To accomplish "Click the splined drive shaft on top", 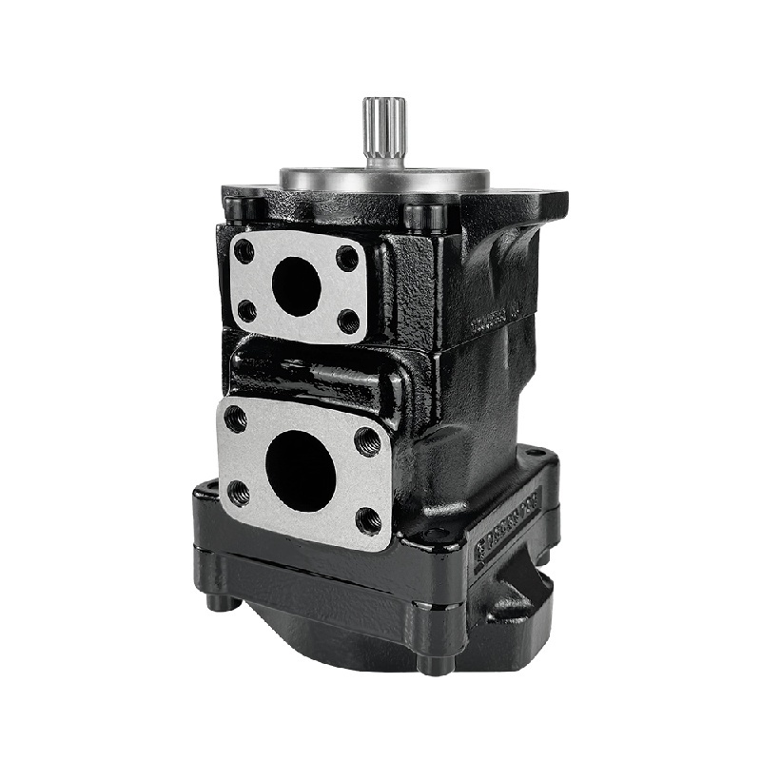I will pos(383,133).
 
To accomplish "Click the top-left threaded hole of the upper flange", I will pos(244,252).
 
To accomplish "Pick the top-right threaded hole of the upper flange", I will pos(348,258).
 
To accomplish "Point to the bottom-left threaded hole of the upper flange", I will pos(246,310).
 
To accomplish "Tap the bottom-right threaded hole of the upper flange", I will pos(348,322).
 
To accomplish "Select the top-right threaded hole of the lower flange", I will pos(367,440).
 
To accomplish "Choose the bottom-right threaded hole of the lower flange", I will pos(368,519).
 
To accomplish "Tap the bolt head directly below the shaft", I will pos(424,215).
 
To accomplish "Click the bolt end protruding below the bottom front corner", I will pos(435,665).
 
